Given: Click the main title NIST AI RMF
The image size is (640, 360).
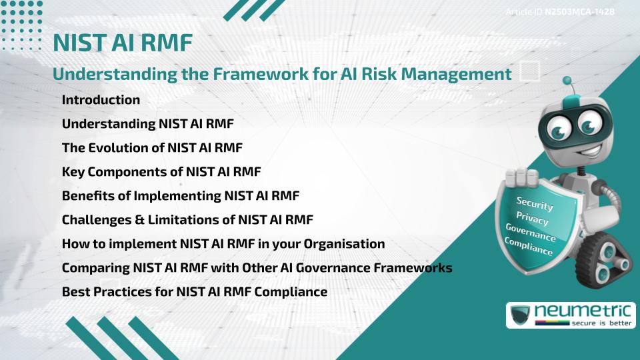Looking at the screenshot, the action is tap(123, 43).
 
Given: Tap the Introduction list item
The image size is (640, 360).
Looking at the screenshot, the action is tap(101, 99).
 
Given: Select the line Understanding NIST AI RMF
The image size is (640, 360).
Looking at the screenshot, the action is tap(148, 124).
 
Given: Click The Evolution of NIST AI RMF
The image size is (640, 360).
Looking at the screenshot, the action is tap(152, 147).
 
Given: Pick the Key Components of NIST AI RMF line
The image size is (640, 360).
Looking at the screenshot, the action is tap(161, 172).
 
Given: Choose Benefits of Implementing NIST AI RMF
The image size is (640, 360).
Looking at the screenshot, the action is tap(181, 196).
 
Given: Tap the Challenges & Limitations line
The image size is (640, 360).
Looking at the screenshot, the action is tap(187, 219).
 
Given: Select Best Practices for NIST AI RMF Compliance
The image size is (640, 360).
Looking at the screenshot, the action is tap(195, 292).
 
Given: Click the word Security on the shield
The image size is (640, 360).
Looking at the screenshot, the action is tap(535, 203).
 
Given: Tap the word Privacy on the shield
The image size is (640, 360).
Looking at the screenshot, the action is tap(532, 218).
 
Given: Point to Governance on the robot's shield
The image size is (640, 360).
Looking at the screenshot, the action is tap(531, 233).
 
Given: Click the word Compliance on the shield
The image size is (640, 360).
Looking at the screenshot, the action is tap(529, 247).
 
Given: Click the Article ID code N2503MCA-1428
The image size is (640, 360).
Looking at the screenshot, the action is tap(579, 11).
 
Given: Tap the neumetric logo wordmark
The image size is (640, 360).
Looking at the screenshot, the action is tap(583, 311).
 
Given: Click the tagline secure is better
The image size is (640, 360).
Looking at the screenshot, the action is tap(601, 323).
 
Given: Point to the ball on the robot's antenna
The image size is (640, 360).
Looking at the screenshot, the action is tap(567, 81).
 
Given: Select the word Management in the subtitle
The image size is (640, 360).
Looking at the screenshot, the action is tap(456, 74).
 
